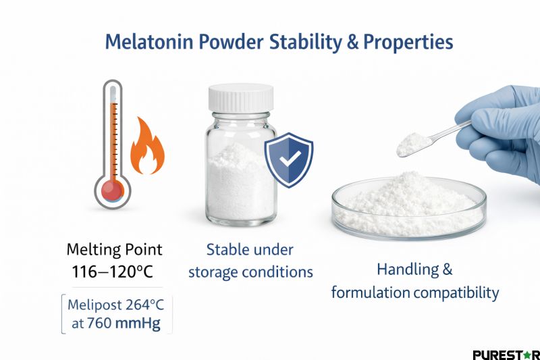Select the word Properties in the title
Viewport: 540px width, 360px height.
(x=408, y=42)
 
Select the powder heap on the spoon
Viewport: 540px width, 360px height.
(x=410, y=142)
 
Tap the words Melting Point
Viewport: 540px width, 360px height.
(x=115, y=249)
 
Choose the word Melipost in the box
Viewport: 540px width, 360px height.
(x=96, y=305)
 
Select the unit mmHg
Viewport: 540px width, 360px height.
(x=138, y=324)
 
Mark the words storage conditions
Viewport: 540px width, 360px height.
(x=250, y=272)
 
